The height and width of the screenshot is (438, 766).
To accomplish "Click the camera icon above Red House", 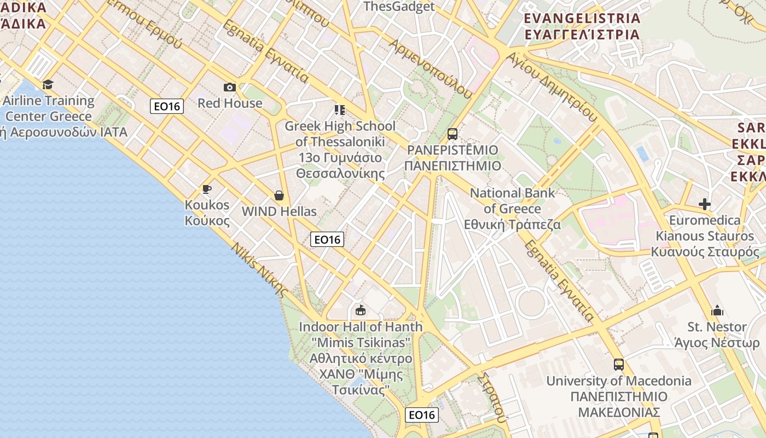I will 230,87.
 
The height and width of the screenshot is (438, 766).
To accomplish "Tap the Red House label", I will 230,103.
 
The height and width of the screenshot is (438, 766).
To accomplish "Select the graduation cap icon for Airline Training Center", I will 48,84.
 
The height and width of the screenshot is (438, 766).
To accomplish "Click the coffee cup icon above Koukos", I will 206,189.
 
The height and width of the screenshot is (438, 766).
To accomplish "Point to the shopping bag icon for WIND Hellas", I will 279,195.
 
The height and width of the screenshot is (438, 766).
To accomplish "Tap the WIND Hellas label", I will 279,211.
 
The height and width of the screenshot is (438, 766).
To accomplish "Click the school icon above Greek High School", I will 340,110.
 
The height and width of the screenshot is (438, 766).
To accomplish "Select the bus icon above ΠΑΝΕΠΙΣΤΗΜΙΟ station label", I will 452,134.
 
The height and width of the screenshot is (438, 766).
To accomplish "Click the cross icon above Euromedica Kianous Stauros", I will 705,205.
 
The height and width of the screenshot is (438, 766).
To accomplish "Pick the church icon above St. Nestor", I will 717,311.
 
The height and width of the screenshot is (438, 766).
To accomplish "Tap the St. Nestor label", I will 717,327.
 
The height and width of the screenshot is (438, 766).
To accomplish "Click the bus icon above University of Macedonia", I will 619,365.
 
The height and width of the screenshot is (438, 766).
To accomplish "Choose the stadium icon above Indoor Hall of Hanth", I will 361,310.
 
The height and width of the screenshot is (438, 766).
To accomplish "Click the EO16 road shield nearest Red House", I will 167,106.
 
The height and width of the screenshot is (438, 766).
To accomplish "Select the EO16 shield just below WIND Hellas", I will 327,239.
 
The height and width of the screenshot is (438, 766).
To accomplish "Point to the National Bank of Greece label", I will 513,209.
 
